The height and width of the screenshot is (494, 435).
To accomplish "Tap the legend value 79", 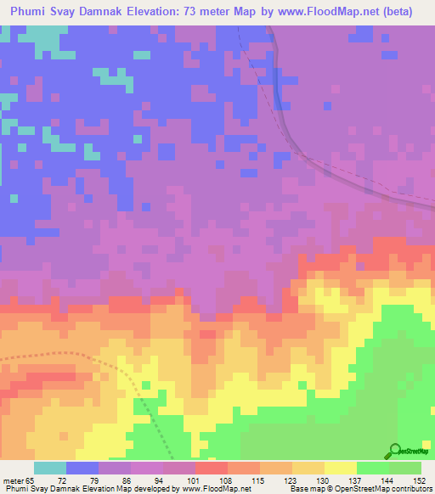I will pyautogui.click(x=82, y=480).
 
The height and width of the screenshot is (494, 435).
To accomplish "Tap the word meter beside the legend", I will pyautogui.click(x=12, y=480).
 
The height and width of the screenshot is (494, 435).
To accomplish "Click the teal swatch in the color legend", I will pyautogui.click(x=50, y=468).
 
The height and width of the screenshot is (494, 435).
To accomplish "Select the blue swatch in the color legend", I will pyautogui.click(x=82, y=468).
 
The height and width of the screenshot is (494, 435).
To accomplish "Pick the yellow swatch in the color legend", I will pyautogui.click(x=341, y=468).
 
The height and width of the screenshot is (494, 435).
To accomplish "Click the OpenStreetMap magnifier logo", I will pyautogui.click(x=395, y=451).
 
